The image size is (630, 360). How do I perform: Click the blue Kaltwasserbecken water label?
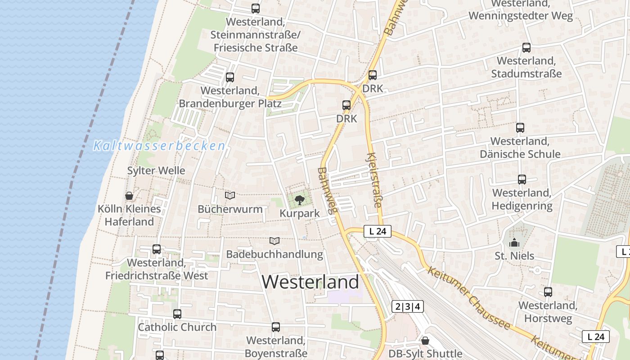click(159, 146)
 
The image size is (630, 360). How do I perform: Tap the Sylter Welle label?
click(156, 171)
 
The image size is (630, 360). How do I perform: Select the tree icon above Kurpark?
click(299, 200)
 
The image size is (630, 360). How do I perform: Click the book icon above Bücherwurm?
click(230, 195)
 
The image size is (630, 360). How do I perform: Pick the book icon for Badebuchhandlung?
click(274, 241)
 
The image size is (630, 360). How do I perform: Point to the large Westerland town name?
click(310, 282)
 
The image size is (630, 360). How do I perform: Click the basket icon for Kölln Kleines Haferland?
click(129, 196)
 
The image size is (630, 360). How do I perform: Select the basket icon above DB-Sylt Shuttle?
click(425, 341)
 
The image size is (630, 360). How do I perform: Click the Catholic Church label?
click(177, 327)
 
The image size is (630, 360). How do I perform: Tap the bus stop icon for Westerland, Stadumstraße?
click(526, 47)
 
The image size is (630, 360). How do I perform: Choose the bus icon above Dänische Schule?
click(520, 127)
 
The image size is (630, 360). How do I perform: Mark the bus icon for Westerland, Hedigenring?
click(522, 180)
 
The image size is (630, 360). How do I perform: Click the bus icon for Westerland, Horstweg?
click(548, 292)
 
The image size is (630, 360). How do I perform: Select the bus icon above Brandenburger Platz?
click(230, 77)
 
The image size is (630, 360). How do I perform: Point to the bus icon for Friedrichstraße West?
click(157, 249)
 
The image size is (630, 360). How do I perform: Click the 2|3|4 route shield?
click(408, 307)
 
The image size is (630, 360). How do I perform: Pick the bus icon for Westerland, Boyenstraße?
click(276, 327)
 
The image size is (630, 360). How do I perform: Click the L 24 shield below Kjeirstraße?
click(377, 231)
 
